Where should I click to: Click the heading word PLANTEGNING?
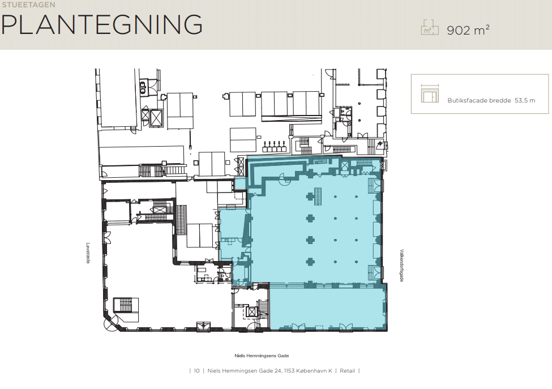pos(102,25)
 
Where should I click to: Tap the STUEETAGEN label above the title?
pos(28,5)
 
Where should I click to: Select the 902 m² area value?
pos(468,30)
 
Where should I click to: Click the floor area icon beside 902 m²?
pos(430,27)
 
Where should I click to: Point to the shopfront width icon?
pos(430,93)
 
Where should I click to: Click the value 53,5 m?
pos(525,100)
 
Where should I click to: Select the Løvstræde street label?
pos(88,253)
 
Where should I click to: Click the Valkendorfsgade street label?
pos(401,266)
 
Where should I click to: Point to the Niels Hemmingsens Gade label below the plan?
pos(262,356)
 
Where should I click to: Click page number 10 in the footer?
pos(196,371)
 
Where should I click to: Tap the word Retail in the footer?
pos(347,371)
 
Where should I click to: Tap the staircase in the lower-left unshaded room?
pos(125,305)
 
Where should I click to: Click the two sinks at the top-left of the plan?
pos(143,88)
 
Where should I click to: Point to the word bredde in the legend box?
pos(500,100)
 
